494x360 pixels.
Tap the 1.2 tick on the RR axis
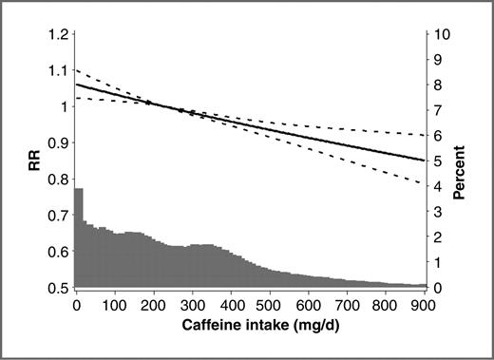point(58,34)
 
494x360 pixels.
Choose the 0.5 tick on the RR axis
point(58,288)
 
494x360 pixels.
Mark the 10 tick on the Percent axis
point(443,34)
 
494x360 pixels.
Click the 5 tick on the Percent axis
point(439,161)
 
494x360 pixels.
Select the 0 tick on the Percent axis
point(439,288)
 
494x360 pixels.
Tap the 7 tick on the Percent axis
point(439,110)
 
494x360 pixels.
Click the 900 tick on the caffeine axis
point(425,306)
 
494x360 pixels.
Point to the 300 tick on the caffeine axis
point(192,306)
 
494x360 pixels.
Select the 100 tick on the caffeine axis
point(114,306)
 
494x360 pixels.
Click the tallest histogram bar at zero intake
point(79,237)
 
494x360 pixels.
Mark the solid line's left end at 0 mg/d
point(75,85)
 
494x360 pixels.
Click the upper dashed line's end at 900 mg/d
point(425,136)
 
